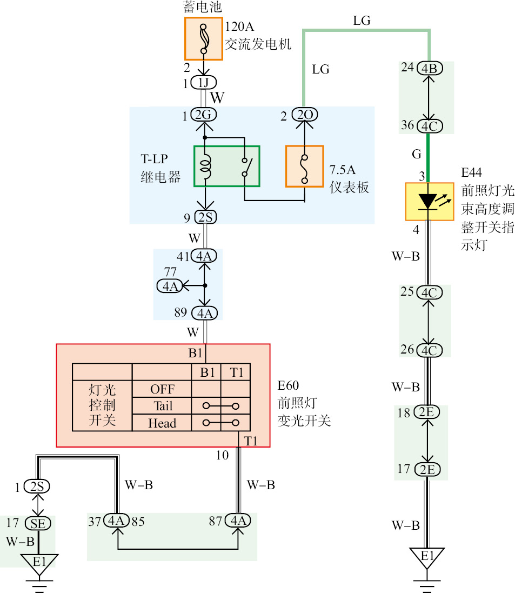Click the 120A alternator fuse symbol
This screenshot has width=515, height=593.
point(204,38)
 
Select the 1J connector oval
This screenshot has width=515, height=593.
point(204,83)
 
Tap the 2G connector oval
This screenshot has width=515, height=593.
point(204,115)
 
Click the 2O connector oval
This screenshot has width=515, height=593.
point(304,115)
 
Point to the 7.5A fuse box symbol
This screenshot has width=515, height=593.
point(304,166)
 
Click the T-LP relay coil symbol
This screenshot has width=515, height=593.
point(205,166)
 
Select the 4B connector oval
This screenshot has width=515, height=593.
point(430,69)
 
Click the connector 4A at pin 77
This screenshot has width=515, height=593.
point(170,286)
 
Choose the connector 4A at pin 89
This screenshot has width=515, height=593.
point(204,313)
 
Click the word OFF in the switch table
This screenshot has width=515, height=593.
point(162,389)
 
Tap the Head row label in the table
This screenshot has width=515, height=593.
point(162,423)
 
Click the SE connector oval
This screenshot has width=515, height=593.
point(38,523)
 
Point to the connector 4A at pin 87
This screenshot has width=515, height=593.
point(238,521)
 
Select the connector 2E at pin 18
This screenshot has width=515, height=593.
point(427,412)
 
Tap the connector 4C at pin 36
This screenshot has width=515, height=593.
point(430,125)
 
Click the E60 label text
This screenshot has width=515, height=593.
point(288,386)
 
